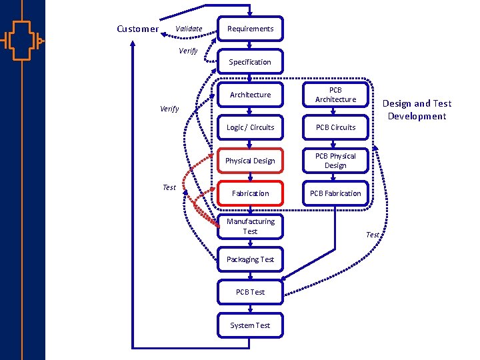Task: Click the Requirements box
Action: point(250,29)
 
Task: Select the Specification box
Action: point(250,62)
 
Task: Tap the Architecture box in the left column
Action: point(250,95)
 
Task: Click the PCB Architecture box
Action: point(335,95)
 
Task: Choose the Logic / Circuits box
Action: point(250,127)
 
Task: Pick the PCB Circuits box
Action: point(335,127)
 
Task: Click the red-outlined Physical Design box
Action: point(250,161)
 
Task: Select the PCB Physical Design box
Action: point(335,161)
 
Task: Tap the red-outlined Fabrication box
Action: point(250,193)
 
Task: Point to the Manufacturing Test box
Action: point(250,226)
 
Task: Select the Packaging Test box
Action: point(250,259)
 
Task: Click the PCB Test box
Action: point(250,292)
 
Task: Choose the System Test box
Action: point(250,325)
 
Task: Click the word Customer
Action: point(137,29)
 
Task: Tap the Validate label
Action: point(189,29)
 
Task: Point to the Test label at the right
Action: point(373,235)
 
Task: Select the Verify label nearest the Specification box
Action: point(188,51)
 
